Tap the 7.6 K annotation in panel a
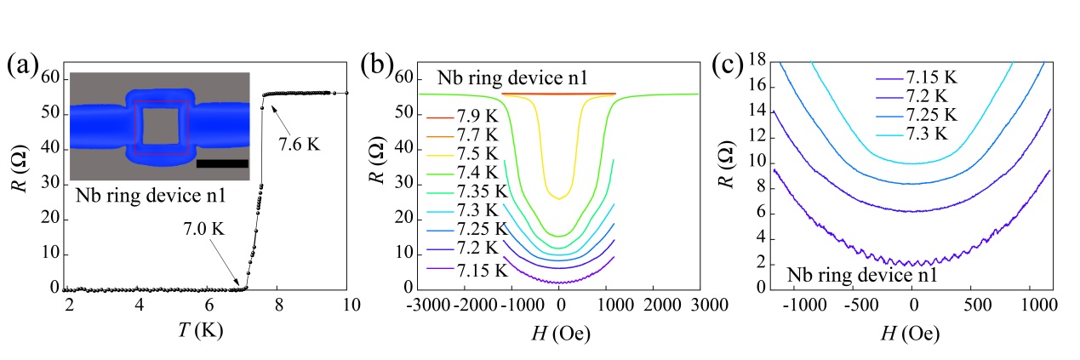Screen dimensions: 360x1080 pyautogui.click(x=298, y=145)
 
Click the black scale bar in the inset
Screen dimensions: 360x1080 pyautogui.click(x=222, y=163)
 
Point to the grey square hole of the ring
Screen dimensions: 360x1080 pyautogui.click(x=160, y=126)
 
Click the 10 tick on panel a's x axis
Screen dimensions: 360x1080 pyautogui.click(x=347, y=306)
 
